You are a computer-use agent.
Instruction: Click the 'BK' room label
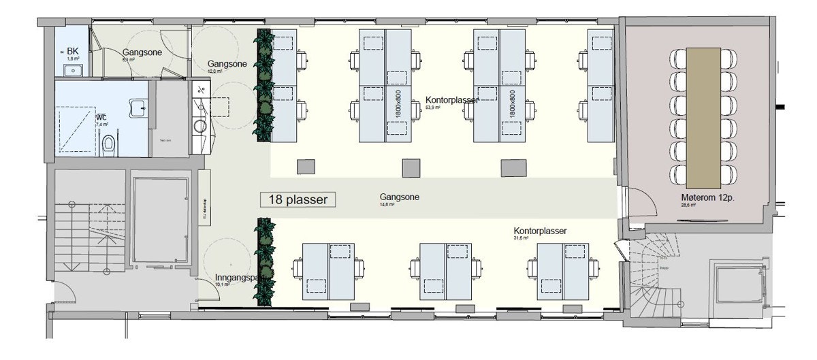[x=71, y=52]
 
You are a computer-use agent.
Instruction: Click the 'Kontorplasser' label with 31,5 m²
[x=541, y=231]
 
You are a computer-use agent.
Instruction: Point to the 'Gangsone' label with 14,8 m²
[x=400, y=197]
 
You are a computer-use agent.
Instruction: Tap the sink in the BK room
[x=73, y=70]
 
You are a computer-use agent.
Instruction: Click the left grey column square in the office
[x=306, y=167]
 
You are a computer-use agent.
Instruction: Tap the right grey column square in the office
[x=514, y=167]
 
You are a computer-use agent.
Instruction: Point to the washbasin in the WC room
[x=139, y=108]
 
